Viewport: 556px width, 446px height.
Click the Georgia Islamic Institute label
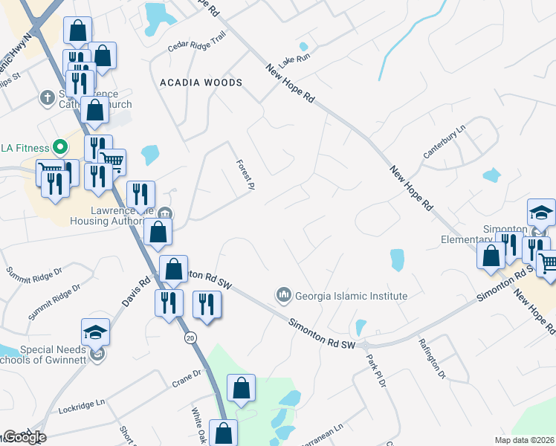[352, 296]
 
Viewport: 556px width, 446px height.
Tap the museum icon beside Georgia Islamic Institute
[283, 296]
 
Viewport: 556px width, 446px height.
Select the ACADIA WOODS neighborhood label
[201, 83]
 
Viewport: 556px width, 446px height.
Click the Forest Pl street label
[245, 175]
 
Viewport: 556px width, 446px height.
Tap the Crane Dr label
[187, 378]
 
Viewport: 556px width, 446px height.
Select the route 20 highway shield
[191, 337]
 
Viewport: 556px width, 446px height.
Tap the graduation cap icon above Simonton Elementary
[541, 213]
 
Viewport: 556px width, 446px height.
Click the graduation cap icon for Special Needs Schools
[95, 332]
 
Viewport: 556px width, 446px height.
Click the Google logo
[25, 437]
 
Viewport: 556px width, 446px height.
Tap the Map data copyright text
[524, 440]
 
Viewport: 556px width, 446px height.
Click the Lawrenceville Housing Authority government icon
[165, 214]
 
